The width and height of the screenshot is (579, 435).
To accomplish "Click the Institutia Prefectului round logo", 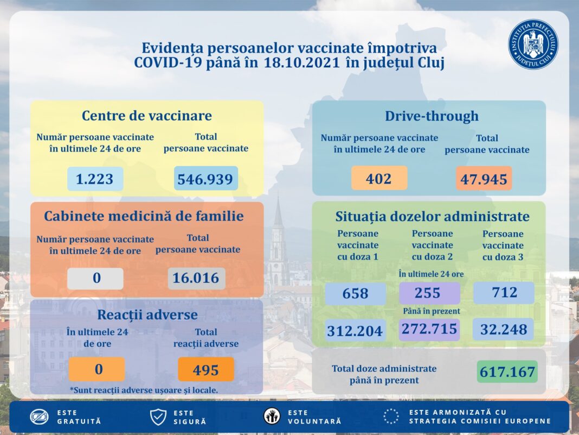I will (x=533, y=45).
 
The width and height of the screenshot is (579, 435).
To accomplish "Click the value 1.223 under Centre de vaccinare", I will (x=95, y=179).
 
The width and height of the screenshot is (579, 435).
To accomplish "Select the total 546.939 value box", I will (x=206, y=179).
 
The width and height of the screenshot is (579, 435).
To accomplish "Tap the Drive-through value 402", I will (x=379, y=178).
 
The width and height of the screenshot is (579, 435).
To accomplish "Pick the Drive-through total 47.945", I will (x=484, y=179).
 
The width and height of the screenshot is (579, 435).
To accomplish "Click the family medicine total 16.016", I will (x=196, y=278).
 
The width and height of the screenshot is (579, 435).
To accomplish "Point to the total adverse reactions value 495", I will (x=205, y=369).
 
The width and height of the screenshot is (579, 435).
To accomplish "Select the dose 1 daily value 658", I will (x=355, y=294).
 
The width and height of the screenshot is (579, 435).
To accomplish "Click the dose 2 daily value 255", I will (x=429, y=293).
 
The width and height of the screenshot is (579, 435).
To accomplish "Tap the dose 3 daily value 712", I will (x=503, y=293).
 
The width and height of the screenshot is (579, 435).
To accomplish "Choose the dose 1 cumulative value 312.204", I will (x=355, y=330).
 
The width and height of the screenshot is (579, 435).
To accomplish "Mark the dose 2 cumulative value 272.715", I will (x=429, y=329).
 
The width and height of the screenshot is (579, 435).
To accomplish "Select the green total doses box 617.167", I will (x=507, y=372).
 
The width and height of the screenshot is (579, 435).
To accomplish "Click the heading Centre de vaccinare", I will (x=146, y=116).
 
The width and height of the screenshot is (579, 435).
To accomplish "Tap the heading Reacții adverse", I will (x=147, y=314).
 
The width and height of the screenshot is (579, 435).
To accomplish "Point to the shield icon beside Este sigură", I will (x=158, y=417).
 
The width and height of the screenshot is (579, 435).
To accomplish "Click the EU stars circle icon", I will (x=391, y=417).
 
